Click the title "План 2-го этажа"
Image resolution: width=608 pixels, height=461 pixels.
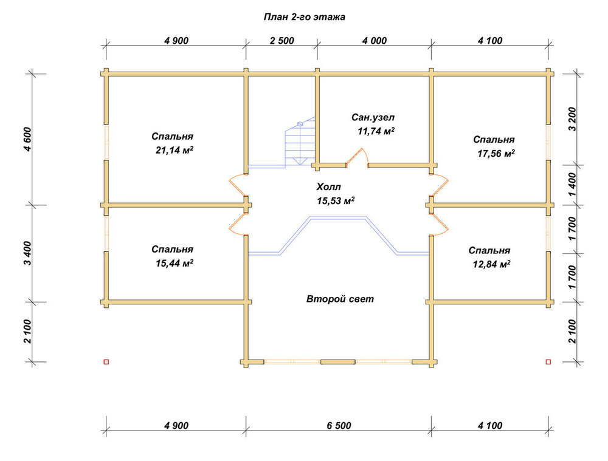305,17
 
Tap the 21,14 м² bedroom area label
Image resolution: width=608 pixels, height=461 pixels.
174,150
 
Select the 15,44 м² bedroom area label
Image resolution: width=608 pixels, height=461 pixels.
174,263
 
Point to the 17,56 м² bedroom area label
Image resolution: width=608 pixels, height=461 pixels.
496,154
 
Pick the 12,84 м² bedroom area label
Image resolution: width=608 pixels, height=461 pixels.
491,264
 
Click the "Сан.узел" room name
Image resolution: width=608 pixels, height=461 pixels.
373,117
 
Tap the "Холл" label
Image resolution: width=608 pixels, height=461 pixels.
329,187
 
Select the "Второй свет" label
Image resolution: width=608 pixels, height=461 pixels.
340,299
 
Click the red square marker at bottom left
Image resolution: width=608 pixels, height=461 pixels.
106,362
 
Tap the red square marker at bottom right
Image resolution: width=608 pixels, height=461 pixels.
548,362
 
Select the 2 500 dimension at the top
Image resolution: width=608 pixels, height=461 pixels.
282,41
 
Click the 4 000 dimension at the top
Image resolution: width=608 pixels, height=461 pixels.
375,41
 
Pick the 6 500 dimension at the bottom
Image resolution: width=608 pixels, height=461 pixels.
339,426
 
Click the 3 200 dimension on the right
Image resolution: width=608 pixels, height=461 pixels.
572,119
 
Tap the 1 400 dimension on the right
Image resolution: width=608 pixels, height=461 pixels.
572,185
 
